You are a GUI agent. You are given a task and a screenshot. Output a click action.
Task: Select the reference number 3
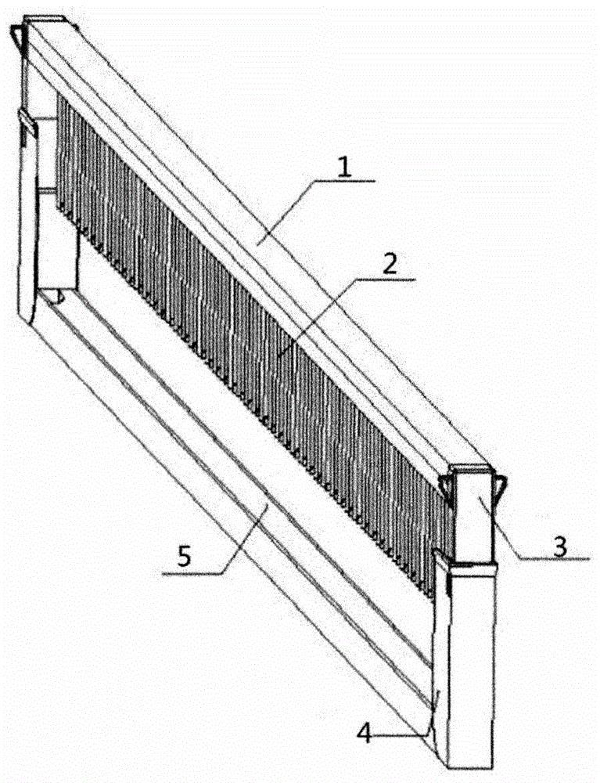pyautogui.click(x=559, y=547)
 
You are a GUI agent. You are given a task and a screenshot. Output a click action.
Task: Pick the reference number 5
pyautogui.click(x=185, y=557)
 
